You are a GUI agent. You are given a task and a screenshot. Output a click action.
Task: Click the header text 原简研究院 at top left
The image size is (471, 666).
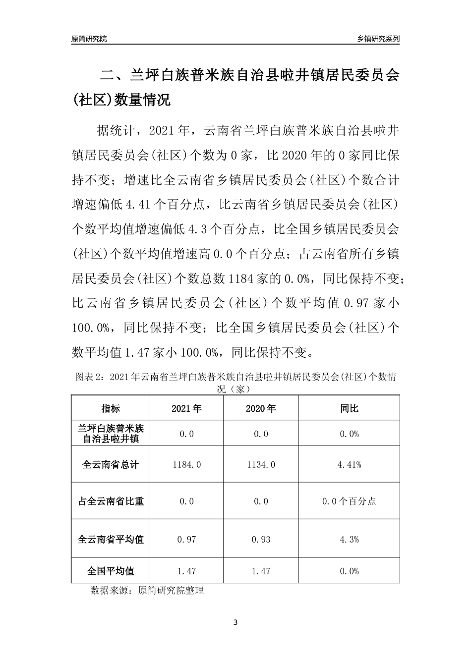(89, 39)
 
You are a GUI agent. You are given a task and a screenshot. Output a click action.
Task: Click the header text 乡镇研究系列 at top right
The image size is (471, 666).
(378, 39)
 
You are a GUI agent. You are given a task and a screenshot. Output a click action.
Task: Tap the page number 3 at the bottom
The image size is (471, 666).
(235, 622)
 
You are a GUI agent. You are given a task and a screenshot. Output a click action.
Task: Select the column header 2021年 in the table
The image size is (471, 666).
(186, 409)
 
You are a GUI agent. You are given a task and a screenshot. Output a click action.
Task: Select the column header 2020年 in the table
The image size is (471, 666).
(261, 409)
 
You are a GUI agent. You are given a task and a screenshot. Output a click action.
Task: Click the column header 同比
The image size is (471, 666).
(349, 409)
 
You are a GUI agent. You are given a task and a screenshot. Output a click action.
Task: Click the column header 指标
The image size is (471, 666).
(111, 409)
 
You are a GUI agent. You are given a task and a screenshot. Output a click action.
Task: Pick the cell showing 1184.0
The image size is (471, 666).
(186, 465)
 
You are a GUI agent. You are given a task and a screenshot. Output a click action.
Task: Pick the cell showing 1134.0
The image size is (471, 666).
(261, 465)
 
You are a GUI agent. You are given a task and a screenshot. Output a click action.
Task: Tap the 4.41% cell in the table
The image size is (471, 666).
(349, 465)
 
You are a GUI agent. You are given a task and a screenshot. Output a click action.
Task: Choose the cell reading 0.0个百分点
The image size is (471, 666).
(349, 501)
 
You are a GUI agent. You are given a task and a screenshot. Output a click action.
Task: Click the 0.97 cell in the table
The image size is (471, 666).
(186, 539)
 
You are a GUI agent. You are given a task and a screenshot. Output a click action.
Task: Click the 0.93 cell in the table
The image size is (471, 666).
(261, 539)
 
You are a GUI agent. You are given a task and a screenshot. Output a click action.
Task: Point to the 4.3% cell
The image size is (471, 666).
(349, 539)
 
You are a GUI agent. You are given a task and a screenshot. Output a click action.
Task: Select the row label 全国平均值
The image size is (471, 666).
(111, 571)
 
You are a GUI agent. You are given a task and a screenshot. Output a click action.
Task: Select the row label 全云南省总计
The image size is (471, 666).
(111, 465)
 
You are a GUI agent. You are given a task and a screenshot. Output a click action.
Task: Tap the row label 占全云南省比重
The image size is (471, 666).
(111, 501)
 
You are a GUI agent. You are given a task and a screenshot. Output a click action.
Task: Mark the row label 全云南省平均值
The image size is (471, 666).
(111, 539)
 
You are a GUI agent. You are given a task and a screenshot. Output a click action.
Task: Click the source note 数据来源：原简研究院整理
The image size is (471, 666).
(147, 591)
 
